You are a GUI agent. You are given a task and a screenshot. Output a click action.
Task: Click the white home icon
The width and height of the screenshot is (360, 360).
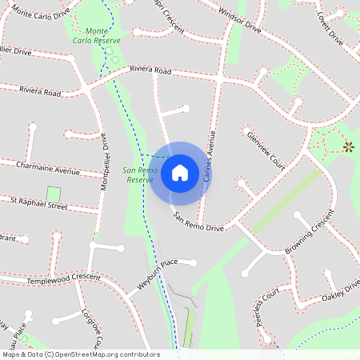[x=180, y=171]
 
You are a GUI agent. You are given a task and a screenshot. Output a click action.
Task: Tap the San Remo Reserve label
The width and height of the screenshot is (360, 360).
[x=138, y=175]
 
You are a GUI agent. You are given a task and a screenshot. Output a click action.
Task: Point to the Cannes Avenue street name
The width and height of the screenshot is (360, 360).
[x=210, y=155]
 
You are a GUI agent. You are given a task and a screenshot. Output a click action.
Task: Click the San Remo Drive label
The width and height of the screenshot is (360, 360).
[x=199, y=222]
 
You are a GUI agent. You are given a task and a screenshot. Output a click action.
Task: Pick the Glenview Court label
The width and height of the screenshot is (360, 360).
[x=266, y=150]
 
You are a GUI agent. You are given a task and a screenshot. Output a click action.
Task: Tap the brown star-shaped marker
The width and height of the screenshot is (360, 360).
[x=348, y=146]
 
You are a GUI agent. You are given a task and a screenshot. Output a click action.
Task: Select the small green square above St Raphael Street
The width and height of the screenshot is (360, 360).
[x=53, y=194]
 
